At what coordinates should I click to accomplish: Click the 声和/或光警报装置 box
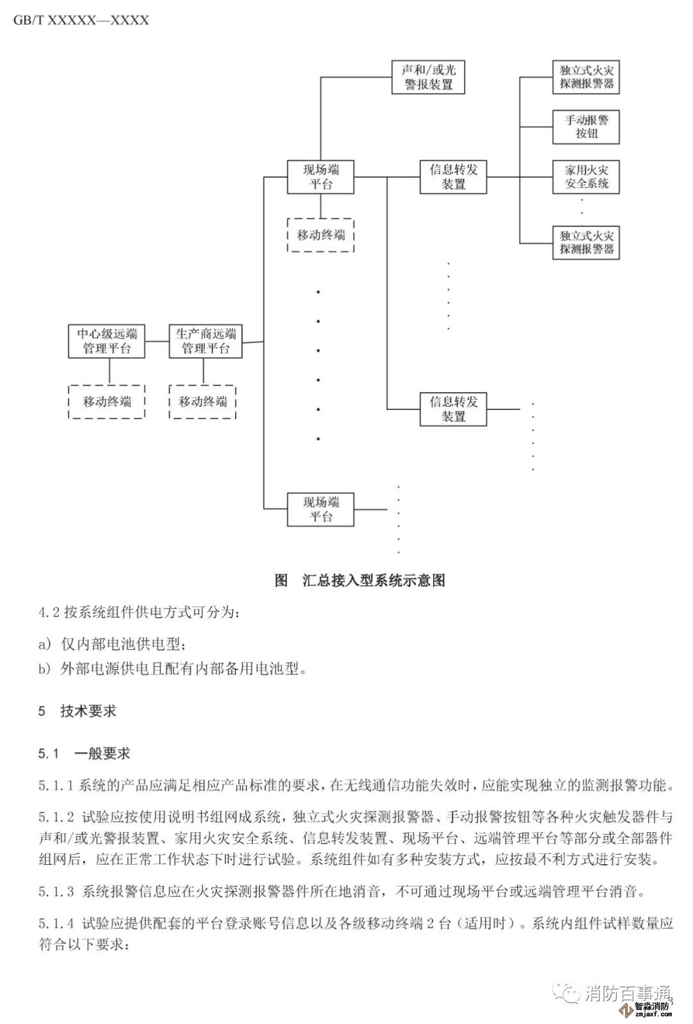[428, 78]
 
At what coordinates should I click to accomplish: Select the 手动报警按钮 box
[586, 126]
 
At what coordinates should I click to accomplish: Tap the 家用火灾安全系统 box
[586, 177]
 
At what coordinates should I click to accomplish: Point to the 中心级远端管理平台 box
[107, 341]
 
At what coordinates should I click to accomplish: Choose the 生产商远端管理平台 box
[205, 341]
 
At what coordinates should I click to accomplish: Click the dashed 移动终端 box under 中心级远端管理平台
[107, 402]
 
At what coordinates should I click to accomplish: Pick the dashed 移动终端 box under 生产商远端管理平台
[203, 402]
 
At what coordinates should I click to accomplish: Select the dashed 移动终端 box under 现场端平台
[321, 235]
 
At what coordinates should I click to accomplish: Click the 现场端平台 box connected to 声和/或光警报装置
[321, 177]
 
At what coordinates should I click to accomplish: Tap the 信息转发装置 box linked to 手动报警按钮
[453, 177]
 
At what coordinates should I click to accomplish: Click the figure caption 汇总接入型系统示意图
[373, 580]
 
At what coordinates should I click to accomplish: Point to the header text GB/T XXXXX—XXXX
[81, 20]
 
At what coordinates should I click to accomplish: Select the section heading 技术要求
[89, 711]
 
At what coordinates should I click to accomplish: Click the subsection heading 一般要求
[102, 753]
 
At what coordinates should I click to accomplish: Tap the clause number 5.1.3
[56, 891]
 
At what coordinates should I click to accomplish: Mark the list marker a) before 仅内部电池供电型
[44, 643]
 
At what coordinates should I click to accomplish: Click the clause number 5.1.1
[56, 785]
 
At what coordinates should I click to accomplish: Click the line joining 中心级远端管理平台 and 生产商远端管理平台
[157, 341]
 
